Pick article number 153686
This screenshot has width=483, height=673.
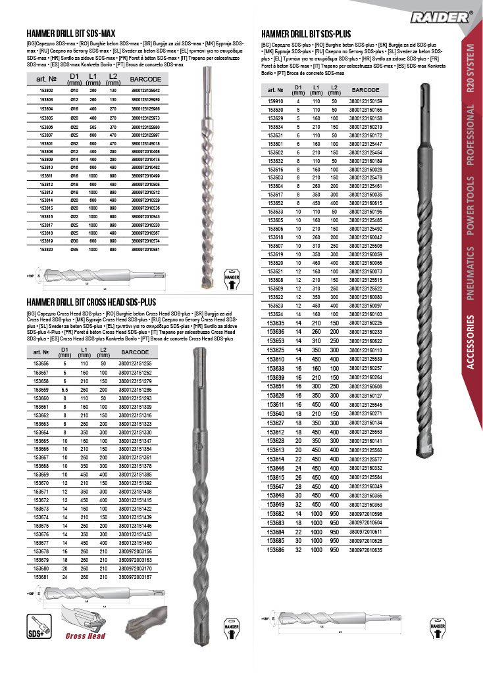click(275, 549)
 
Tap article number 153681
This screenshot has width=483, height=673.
click(41, 576)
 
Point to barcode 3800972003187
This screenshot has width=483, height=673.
click(135, 576)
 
